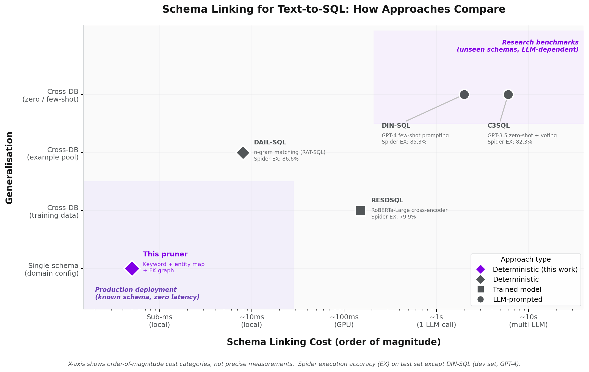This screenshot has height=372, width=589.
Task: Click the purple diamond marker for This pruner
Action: [132, 268]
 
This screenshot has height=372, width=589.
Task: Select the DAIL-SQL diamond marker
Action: [243, 153]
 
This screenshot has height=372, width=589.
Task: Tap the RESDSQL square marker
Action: [360, 211]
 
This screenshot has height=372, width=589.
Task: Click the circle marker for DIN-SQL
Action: [464, 95]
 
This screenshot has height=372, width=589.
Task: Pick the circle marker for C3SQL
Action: [508, 95]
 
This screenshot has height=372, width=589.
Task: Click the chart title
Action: [334, 9]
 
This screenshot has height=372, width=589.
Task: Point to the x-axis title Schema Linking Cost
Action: [334, 342]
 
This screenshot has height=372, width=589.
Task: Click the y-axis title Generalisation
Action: [10, 167]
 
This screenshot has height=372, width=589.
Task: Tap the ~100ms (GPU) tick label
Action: [344, 321]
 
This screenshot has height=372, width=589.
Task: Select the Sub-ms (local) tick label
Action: [159, 321]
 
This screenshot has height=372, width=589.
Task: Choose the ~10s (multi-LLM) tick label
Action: [528, 321]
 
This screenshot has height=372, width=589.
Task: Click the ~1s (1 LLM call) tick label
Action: [436, 321]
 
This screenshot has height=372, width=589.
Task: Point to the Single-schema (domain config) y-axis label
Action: [52, 270]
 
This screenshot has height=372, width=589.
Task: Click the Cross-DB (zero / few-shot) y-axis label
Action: [51, 96]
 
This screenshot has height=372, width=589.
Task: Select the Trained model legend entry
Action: [517, 289]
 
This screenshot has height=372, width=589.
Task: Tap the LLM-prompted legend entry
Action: [518, 300]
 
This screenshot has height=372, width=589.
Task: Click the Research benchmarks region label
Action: [518, 46]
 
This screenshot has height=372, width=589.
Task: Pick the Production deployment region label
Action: [147, 293]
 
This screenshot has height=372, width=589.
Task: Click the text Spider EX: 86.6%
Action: [276, 159]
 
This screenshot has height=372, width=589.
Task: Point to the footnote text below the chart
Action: [294, 364]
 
